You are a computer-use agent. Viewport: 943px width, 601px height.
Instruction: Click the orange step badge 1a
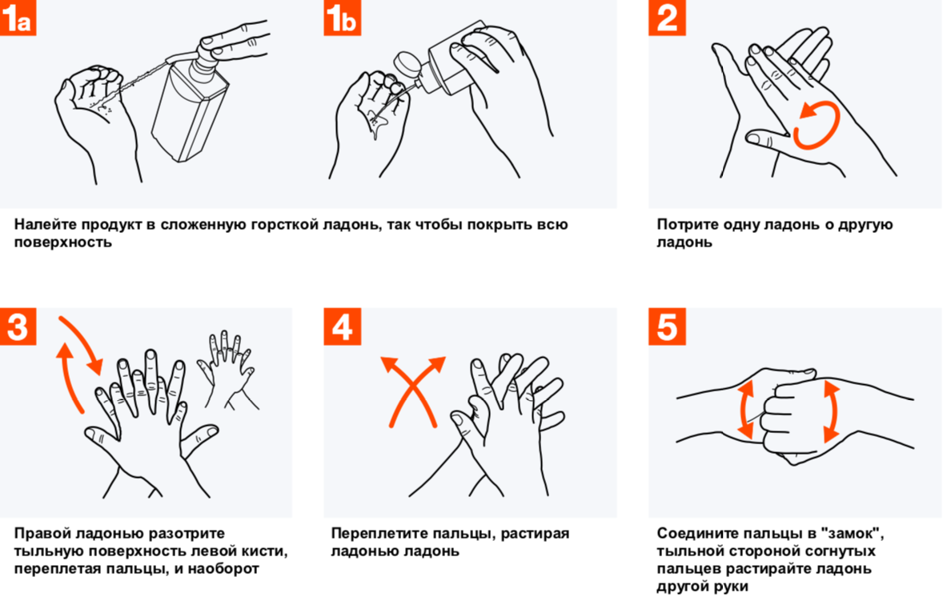[x=18, y=18]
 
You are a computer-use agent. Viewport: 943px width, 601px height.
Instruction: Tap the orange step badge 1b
[x=342, y=18]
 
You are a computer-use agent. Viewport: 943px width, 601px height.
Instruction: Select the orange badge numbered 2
[x=667, y=18]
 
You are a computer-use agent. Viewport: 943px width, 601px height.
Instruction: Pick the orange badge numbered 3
[x=18, y=327]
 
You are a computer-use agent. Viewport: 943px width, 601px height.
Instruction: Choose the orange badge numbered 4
[x=342, y=327]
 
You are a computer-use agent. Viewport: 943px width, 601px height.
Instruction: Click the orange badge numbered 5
[x=667, y=327]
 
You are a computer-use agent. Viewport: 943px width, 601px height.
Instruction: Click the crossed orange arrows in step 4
[x=413, y=391]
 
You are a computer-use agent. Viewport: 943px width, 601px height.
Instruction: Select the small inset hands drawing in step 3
[x=227, y=370]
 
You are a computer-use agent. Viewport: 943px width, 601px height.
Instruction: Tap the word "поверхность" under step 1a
[x=63, y=242]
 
